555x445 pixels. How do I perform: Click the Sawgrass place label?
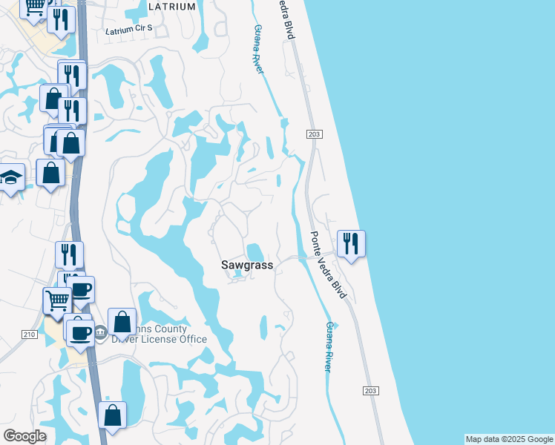247,265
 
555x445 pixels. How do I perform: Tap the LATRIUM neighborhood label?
172,7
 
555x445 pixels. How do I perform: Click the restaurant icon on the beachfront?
351,243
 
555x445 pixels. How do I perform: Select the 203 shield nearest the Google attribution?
371,390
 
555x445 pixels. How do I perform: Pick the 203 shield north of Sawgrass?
312,133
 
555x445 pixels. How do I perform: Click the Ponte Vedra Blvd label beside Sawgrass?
328,264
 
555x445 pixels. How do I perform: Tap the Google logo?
24,436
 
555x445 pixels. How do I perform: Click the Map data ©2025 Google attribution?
509,439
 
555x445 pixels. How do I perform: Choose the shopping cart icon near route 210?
57,300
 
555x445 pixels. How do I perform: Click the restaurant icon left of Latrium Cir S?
61,19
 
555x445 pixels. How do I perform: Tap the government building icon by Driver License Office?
100,329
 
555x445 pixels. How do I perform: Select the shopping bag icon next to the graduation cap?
51,174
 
